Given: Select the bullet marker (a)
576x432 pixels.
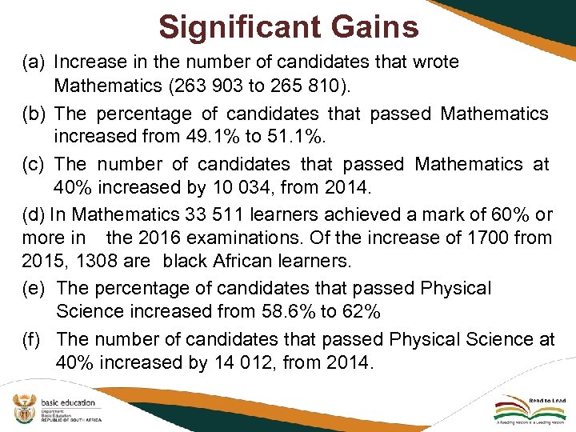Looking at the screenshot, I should pos(31,62).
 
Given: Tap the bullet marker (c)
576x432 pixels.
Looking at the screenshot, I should pos(31,164).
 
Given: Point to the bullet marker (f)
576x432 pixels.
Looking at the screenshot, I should pos(32,339).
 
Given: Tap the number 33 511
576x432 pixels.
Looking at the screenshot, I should pos(218,214).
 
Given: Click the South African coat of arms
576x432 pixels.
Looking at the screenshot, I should pos(22,410).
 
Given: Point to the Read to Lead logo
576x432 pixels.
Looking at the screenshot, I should pos(532,410).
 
